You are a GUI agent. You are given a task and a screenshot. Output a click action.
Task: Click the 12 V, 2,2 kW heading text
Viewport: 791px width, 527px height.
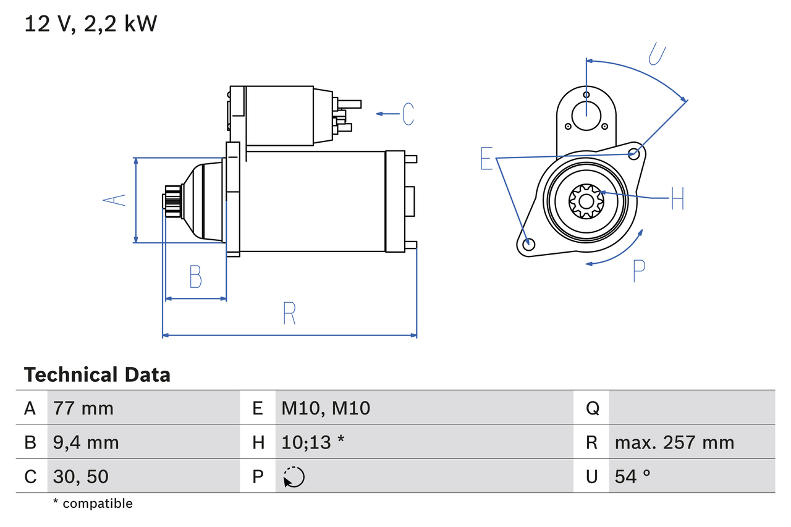click(91, 24)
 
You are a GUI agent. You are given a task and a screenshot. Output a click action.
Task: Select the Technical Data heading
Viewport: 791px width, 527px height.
click(97, 374)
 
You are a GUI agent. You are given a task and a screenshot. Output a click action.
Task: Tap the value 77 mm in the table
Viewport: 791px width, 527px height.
click(83, 408)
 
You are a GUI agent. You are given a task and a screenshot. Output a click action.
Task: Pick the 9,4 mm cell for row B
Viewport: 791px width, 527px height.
click(86, 442)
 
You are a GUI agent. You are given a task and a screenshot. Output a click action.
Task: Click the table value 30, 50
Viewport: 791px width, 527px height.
click(81, 476)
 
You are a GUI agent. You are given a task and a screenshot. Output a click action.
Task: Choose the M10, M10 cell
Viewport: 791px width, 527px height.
click(326, 408)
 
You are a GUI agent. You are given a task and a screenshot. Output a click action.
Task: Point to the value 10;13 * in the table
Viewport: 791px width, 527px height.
click(313, 442)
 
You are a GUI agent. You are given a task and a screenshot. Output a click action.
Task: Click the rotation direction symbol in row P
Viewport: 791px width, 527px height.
click(294, 477)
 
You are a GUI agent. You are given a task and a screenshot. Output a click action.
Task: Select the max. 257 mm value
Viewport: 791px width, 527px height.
click(674, 442)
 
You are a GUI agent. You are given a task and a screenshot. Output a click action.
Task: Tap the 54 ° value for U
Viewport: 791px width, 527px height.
click(633, 476)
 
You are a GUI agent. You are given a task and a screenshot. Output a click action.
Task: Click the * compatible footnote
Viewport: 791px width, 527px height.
click(93, 504)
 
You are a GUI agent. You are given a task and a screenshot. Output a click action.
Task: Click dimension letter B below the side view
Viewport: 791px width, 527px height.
click(195, 277)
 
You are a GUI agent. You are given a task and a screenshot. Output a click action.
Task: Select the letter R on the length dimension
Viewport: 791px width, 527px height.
click(289, 313)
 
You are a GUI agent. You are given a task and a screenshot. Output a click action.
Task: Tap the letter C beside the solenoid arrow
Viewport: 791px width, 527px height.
click(408, 114)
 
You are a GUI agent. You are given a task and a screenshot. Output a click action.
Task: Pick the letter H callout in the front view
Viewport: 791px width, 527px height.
click(677, 198)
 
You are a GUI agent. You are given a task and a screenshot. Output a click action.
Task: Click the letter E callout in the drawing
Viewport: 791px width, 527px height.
click(487, 159)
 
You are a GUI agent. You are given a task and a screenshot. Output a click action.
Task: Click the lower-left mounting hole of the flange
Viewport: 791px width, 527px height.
click(528, 244)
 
